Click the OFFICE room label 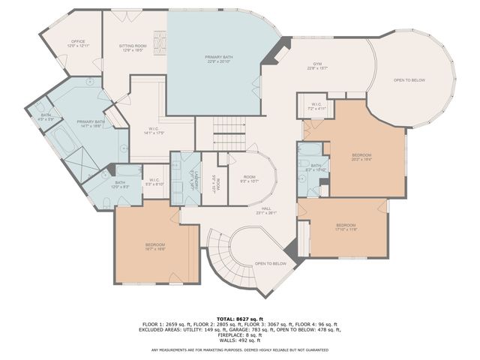tap(78, 43)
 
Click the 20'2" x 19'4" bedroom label tap(361, 157)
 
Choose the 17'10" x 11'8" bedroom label tap(345, 226)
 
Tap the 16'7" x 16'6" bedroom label tap(154, 247)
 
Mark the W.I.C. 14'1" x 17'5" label tap(153, 130)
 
